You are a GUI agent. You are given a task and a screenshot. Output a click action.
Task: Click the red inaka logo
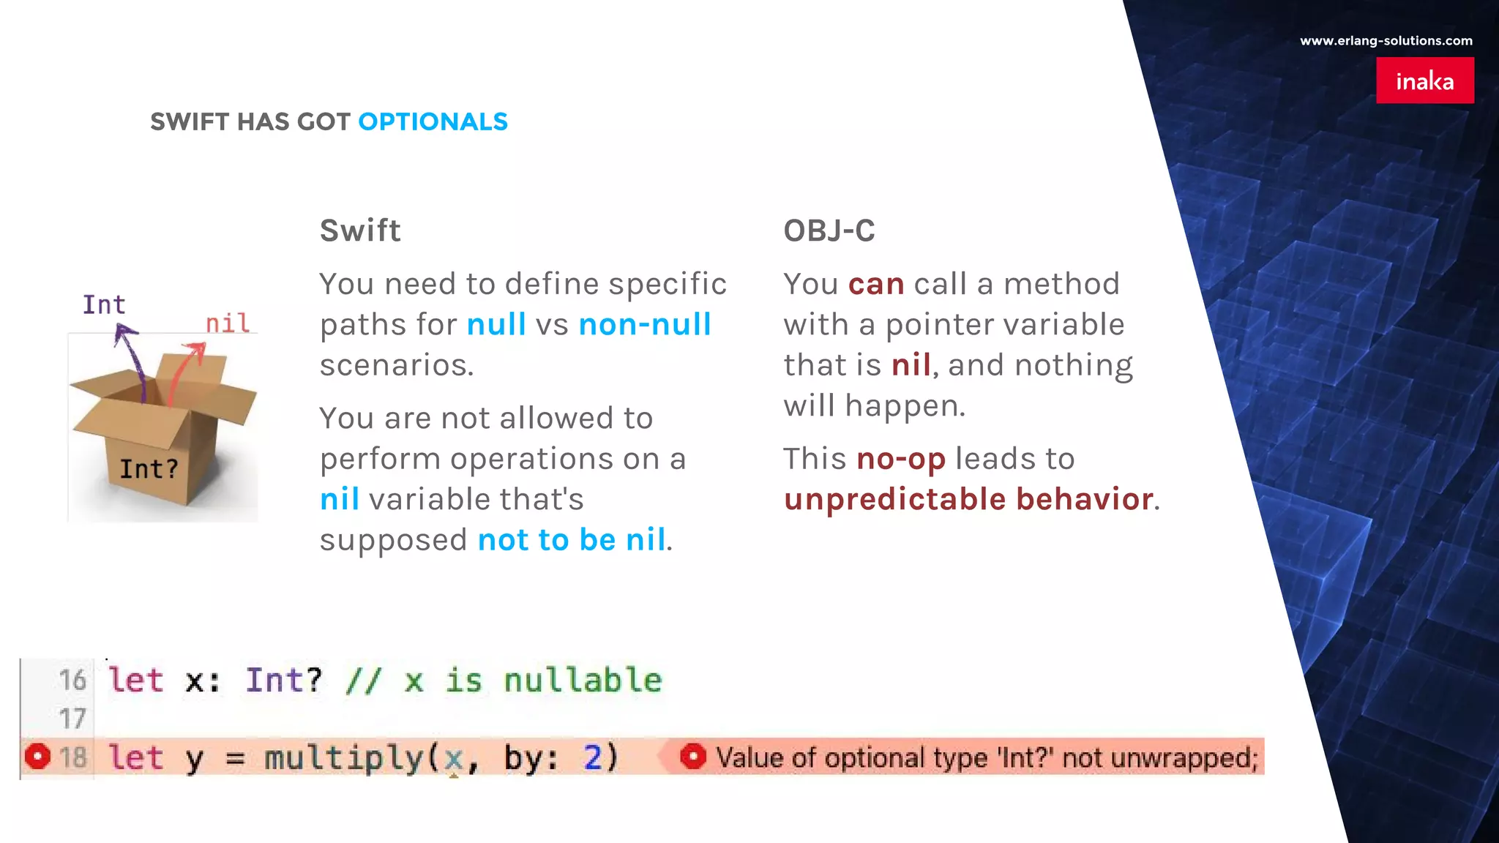point(1424,80)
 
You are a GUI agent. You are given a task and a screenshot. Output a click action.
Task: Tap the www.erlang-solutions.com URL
point(1386,41)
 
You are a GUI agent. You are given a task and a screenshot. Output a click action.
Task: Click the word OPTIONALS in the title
point(433,121)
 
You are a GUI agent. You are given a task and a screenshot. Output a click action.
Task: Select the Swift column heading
point(360,231)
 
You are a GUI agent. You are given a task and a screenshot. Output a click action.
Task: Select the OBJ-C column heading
point(829,231)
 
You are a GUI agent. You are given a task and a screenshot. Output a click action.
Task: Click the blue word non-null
point(644,324)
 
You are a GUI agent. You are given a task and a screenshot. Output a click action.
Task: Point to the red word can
point(876,284)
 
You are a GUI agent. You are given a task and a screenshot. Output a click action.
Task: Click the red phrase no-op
point(900,459)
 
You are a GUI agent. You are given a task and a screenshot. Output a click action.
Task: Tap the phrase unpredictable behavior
point(968,499)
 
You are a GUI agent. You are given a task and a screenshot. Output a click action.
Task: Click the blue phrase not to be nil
point(572,540)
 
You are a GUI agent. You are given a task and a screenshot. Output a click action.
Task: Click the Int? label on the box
point(149,469)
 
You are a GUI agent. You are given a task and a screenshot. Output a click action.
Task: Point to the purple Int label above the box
point(103,304)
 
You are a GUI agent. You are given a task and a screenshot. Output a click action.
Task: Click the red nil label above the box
point(228,323)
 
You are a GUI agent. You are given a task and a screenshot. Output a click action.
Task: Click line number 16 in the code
point(72,680)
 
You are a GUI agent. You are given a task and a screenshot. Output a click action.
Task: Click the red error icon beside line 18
point(37,757)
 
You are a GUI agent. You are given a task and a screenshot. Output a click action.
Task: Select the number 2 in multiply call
point(592,757)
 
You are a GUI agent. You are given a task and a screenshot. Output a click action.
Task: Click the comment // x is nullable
point(504,681)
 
